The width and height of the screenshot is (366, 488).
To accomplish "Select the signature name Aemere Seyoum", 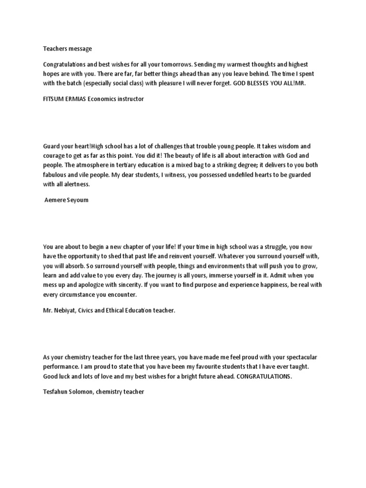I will pyautogui.click(x=66, y=200).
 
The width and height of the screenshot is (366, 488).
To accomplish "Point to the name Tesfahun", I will pyautogui.click(x=56, y=392).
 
